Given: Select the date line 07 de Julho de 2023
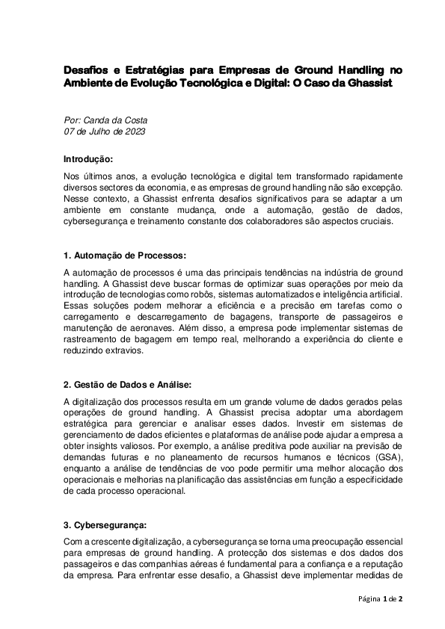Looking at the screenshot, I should [104, 131].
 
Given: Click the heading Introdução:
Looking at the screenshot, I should [88, 159].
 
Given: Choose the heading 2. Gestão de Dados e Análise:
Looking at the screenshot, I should [128, 385].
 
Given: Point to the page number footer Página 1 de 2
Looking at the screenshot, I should [381, 599].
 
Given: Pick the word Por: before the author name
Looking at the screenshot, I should [75, 120].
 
